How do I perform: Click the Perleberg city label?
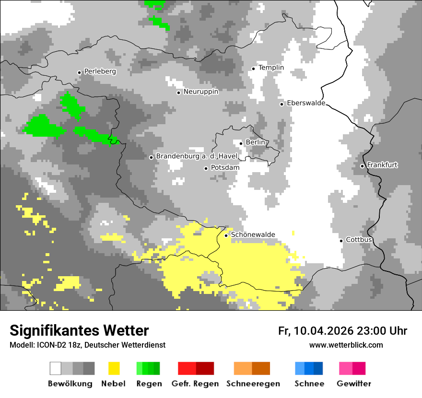(100, 71)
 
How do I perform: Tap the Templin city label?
(271, 68)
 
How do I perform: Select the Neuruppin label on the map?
(200, 92)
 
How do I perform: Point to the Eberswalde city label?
(306, 103)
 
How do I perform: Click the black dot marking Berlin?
(241, 143)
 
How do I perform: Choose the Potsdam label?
(225, 168)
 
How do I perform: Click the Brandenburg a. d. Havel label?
(194, 156)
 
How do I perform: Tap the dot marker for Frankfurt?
(363, 166)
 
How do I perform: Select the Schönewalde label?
(253, 234)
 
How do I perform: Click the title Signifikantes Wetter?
(79, 330)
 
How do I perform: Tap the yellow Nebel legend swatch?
(114, 368)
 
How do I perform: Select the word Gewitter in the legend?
(353, 384)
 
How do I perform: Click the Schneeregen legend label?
(253, 384)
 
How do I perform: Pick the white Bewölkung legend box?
(56, 368)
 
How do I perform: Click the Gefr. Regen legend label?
(195, 384)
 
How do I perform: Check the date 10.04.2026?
(324, 331)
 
